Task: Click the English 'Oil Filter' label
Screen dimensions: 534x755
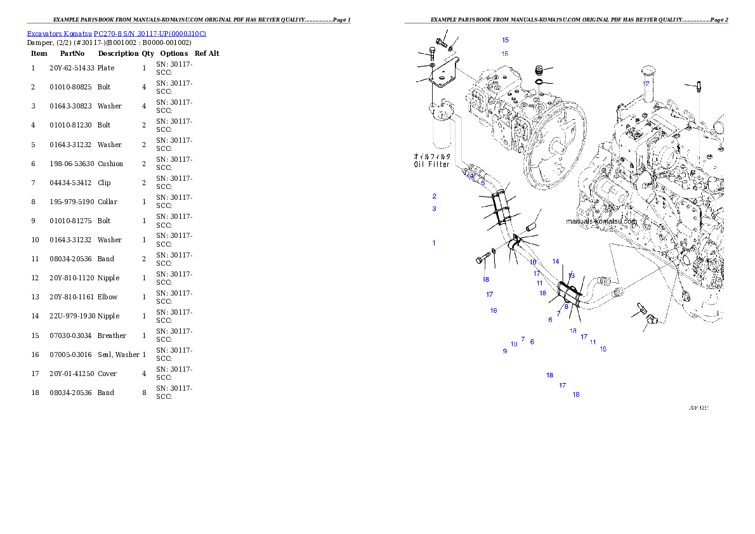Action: [x=431, y=164]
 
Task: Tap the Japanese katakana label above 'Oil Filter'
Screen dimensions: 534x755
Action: [x=432, y=156]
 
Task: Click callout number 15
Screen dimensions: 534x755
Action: [x=505, y=40]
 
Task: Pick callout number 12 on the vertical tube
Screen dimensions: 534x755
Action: [x=646, y=83]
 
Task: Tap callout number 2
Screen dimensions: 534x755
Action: [x=435, y=196]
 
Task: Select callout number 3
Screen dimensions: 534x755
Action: [x=435, y=209]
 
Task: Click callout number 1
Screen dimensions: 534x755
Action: [x=434, y=243]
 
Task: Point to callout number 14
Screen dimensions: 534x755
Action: [x=556, y=261]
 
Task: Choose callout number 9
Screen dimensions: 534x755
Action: [x=505, y=351]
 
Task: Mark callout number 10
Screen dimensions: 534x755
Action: [x=514, y=344]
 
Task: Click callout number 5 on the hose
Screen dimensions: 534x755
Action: [x=483, y=183]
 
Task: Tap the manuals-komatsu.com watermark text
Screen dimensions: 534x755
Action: [x=601, y=221]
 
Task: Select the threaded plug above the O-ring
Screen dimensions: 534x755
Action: [x=540, y=68]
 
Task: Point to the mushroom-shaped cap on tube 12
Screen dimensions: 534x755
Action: [x=646, y=69]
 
